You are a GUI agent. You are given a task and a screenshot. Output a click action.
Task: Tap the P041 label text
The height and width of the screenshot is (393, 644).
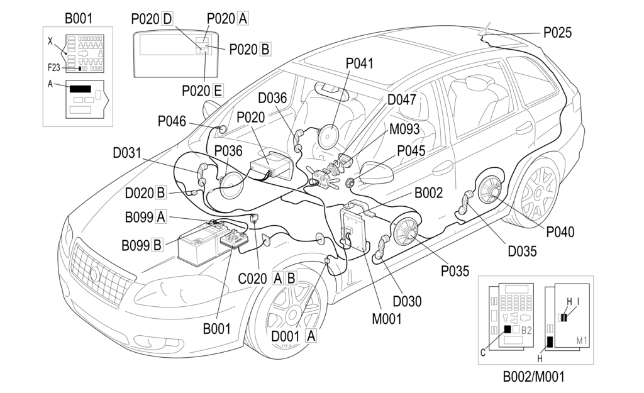pyautogui.click(x=359, y=64)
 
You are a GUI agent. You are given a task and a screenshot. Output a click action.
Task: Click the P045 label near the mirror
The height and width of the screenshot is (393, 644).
pyautogui.click(x=410, y=151)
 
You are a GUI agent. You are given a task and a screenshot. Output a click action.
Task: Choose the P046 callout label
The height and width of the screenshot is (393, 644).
pyautogui.click(x=171, y=121)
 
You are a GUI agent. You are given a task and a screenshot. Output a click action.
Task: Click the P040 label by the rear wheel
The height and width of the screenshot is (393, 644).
pyautogui.click(x=561, y=232)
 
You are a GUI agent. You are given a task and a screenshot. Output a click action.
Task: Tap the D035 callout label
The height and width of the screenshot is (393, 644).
pyautogui.click(x=523, y=252)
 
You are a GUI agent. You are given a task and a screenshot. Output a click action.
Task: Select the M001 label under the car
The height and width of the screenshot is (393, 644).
pyautogui.click(x=386, y=319)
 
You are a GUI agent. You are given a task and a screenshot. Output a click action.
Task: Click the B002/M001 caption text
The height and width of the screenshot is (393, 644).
pyautogui.click(x=533, y=377)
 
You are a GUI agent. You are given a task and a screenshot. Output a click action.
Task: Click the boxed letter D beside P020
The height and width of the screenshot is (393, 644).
pyautogui.click(x=167, y=19)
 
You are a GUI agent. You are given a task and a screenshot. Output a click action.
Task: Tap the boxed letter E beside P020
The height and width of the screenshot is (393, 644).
pyautogui.click(x=217, y=91)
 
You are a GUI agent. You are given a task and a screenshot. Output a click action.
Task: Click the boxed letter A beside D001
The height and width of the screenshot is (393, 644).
pyautogui.click(x=310, y=336)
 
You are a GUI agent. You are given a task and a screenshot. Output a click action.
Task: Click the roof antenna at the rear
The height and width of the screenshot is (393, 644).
pyautogui.click(x=485, y=30)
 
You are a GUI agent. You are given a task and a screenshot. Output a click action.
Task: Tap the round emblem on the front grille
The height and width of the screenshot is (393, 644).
pyautogui.click(x=94, y=274)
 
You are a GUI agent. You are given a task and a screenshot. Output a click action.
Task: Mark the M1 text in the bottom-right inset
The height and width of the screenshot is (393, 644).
pyautogui.click(x=582, y=341)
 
